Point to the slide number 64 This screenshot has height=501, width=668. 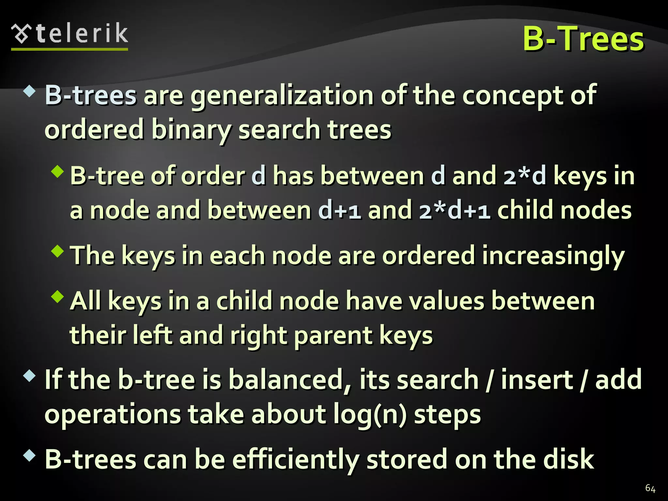(x=650, y=488)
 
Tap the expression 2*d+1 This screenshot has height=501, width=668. (x=455, y=211)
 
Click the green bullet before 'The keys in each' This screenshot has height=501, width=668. (x=58, y=251)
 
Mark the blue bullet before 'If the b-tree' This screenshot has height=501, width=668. (x=30, y=376)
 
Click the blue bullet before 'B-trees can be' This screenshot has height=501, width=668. (x=30, y=455)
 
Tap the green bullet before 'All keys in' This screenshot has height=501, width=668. (x=58, y=296)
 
